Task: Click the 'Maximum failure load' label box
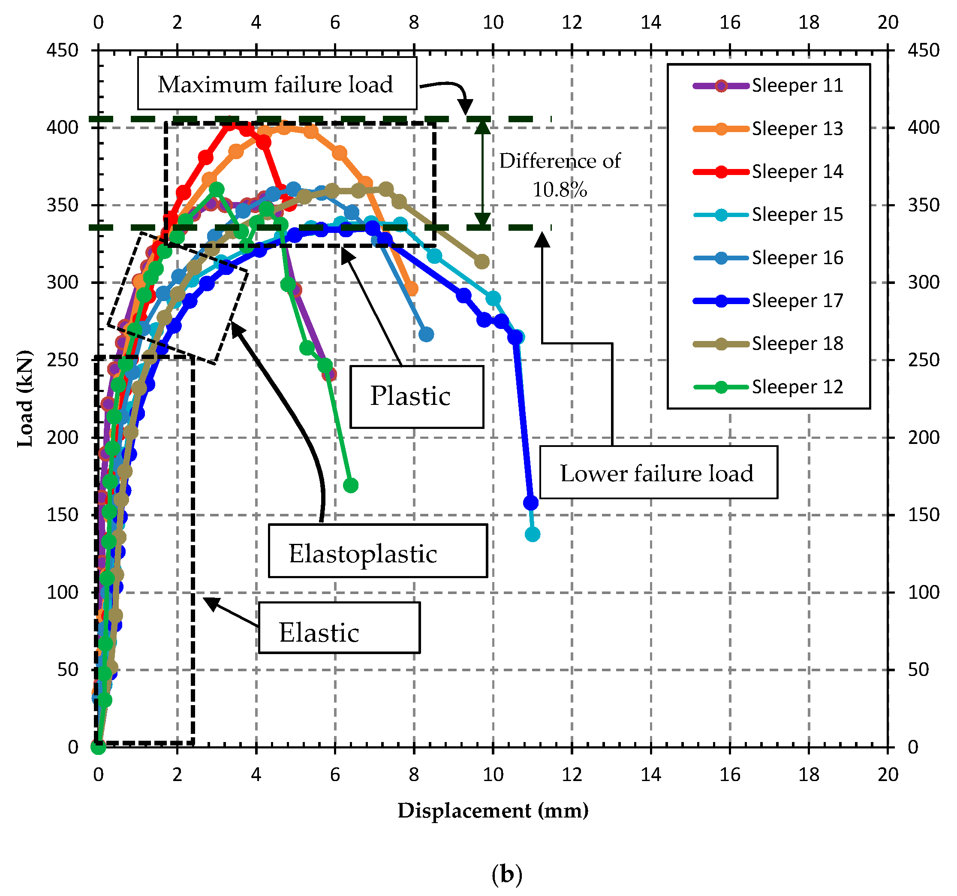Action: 277,84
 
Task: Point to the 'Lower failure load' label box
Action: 658,473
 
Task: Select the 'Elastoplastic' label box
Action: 377,552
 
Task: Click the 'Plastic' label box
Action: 416,397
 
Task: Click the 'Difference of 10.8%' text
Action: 560,175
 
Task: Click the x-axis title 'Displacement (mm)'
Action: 493,811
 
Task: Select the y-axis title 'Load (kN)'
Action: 25,398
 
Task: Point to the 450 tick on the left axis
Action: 63,50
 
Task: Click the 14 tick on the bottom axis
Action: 651,774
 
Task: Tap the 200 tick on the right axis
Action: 923,437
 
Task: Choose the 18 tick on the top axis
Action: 809,22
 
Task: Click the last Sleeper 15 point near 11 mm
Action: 533,534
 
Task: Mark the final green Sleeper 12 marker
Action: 351,485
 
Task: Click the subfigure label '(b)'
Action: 506,874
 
